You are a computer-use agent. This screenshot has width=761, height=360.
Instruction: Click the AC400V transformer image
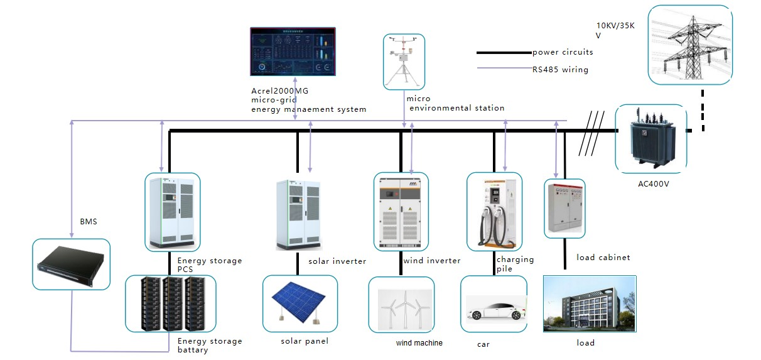pos(650,138)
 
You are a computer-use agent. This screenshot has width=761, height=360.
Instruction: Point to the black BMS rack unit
pos(71,264)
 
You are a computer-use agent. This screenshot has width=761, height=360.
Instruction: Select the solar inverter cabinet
pos(298,214)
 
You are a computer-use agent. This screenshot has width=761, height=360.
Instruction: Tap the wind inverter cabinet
pos(401,212)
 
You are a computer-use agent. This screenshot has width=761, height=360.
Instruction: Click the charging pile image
pos(494,212)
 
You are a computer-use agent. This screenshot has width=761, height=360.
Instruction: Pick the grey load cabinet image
pos(564,208)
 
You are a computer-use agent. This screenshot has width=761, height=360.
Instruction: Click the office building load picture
pos(589,304)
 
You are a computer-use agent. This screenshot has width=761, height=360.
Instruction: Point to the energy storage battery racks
pos(170,303)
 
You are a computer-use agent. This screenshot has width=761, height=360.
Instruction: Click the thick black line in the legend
pos(504,53)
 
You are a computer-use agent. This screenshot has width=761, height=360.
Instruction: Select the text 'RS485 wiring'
pos(560,70)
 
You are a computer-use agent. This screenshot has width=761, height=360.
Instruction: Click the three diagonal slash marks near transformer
pos(591,133)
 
